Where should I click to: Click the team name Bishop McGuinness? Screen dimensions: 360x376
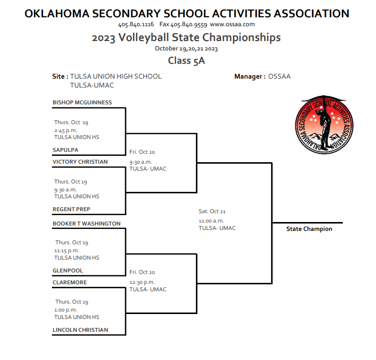[82, 102]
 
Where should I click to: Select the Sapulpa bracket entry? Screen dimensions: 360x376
[65, 150]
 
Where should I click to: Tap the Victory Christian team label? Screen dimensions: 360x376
[80, 162]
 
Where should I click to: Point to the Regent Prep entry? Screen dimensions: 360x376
[71, 209]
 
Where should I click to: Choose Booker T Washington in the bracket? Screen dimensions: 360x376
[87, 224]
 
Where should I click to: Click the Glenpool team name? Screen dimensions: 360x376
[68, 270]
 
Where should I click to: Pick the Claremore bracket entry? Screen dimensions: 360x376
[70, 282]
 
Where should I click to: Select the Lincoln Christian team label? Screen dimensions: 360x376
[80, 330]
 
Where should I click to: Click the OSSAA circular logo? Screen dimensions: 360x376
[323, 124]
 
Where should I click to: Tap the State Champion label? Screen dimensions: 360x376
[309, 229]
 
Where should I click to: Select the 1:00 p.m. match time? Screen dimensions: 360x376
[65, 310]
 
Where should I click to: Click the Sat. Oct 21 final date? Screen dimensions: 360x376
[212, 211]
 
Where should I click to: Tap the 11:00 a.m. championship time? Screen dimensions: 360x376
[211, 221]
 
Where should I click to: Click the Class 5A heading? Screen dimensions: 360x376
[186, 61]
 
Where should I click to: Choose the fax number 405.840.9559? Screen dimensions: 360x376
[188, 24]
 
